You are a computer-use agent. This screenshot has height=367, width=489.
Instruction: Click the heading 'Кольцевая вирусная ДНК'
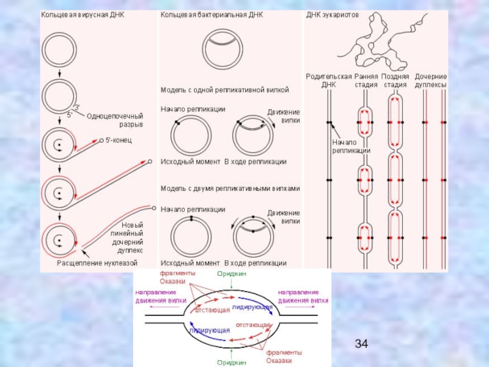click(83, 14)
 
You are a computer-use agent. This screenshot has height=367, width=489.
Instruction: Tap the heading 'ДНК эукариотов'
click(333, 14)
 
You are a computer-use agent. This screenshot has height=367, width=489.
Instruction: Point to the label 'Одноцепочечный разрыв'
click(115, 120)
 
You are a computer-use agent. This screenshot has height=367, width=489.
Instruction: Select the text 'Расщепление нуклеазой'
click(97, 262)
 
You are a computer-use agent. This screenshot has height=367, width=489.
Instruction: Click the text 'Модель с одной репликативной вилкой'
click(224, 89)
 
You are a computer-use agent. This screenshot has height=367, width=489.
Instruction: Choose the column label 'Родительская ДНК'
click(329, 80)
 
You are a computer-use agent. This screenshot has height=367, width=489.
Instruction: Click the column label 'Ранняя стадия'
click(366, 80)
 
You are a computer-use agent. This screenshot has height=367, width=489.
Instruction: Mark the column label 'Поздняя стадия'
click(395, 80)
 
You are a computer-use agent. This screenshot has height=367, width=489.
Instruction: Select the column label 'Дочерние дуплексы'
click(430, 80)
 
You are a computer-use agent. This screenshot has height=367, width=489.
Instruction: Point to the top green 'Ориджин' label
click(231, 274)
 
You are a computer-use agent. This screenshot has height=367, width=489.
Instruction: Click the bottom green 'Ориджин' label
click(231, 362)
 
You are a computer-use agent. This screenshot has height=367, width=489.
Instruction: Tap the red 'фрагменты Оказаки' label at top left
click(177, 277)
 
